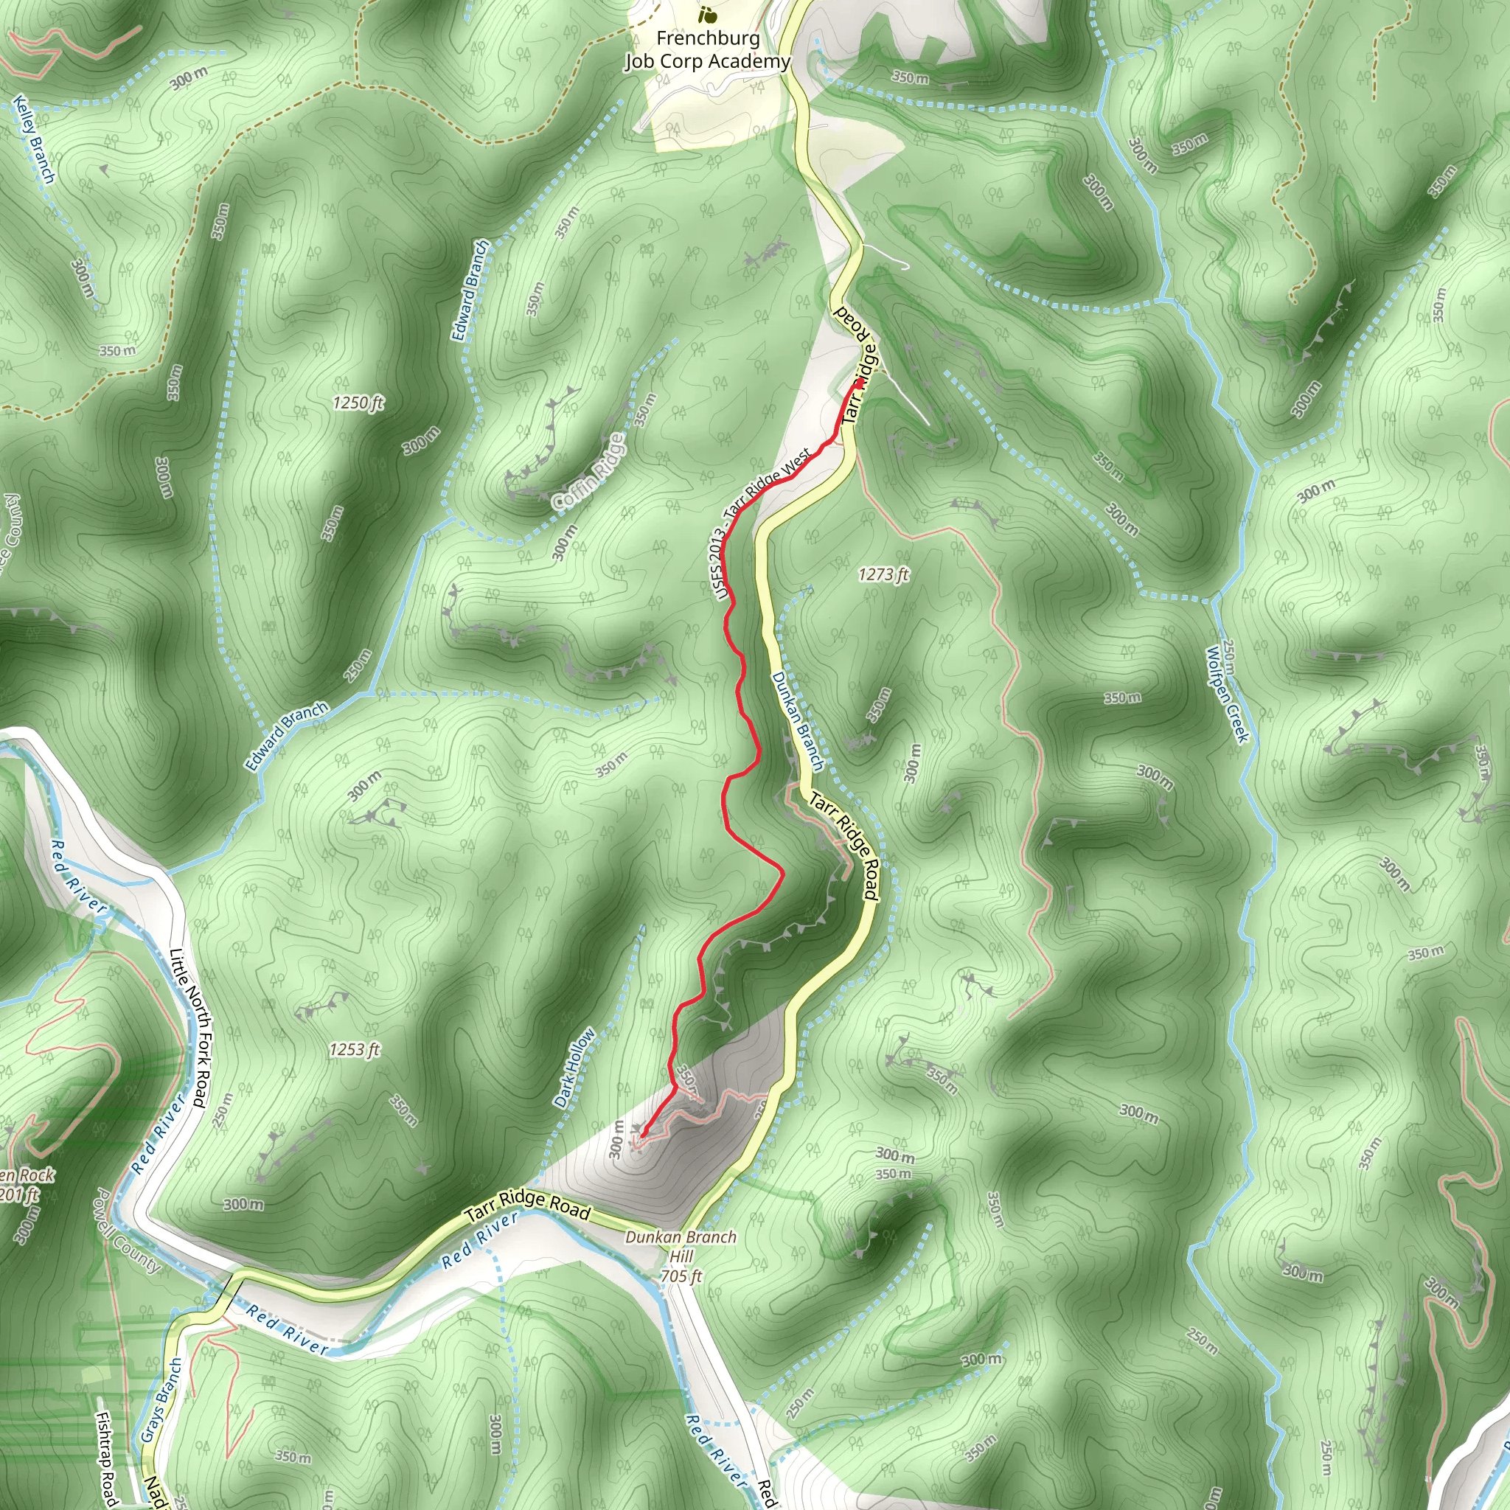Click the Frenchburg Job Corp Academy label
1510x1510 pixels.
[x=707, y=50]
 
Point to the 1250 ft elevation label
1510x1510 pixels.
[x=358, y=403]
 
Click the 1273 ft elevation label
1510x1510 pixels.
[x=883, y=575]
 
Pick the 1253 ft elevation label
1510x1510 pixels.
[x=354, y=1050]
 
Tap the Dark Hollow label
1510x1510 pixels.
[x=574, y=1068]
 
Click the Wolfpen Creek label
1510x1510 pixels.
[x=1227, y=694]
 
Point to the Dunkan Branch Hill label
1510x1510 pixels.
[x=681, y=1247]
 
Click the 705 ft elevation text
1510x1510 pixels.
[x=681, y=1276]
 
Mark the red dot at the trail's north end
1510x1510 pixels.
[x=859, y=383]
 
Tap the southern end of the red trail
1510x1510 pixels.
[x=642, y=1134]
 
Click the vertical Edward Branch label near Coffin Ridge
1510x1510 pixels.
[x=470, y=290]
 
